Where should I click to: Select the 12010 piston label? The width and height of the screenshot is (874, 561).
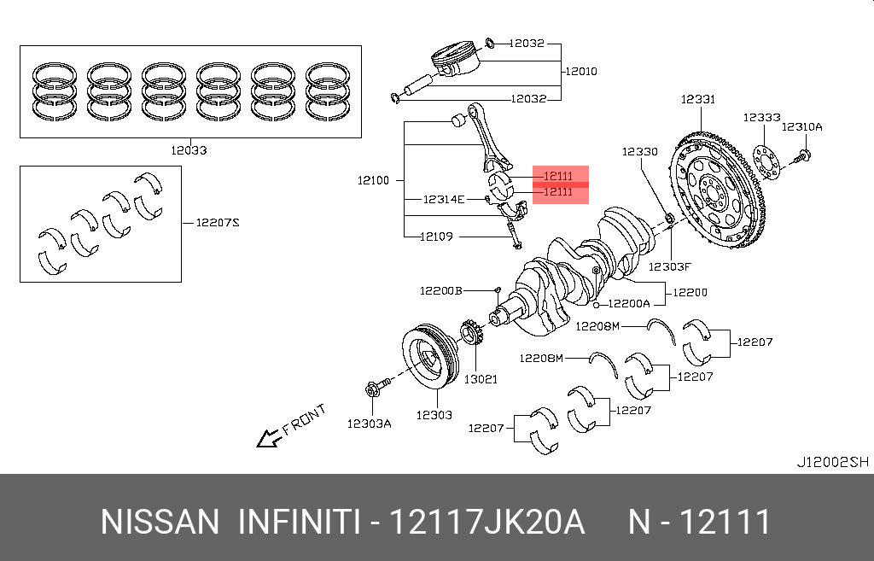coord(580,72)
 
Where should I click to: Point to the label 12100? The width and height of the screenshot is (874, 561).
coord(373,180)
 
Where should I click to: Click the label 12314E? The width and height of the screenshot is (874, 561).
coord(444,199)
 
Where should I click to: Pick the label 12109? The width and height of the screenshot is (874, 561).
coord(436,237)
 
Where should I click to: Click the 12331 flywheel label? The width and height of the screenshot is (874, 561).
coord(697,99)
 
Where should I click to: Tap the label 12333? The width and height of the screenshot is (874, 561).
coord(761,118)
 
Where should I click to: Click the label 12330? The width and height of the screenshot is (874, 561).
coord(639,151)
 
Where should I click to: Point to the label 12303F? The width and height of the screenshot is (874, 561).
coord(668,266)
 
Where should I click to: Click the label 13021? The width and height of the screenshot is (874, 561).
coord(480,378)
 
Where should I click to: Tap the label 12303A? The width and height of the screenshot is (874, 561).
coord(369,423)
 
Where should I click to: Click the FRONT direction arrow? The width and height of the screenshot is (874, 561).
coord(270,439)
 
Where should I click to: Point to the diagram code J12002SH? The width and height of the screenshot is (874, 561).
coord(832,462)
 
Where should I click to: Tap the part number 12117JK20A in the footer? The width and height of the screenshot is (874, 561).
coord(487,522)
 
